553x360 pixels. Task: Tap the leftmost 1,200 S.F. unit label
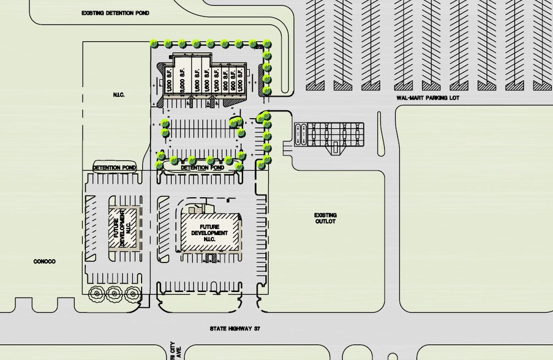tap(168, 80)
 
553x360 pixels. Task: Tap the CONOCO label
tap(45, 261)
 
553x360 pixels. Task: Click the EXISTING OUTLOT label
tap(325, 218)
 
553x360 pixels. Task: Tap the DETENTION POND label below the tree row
tap(200, 167)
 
